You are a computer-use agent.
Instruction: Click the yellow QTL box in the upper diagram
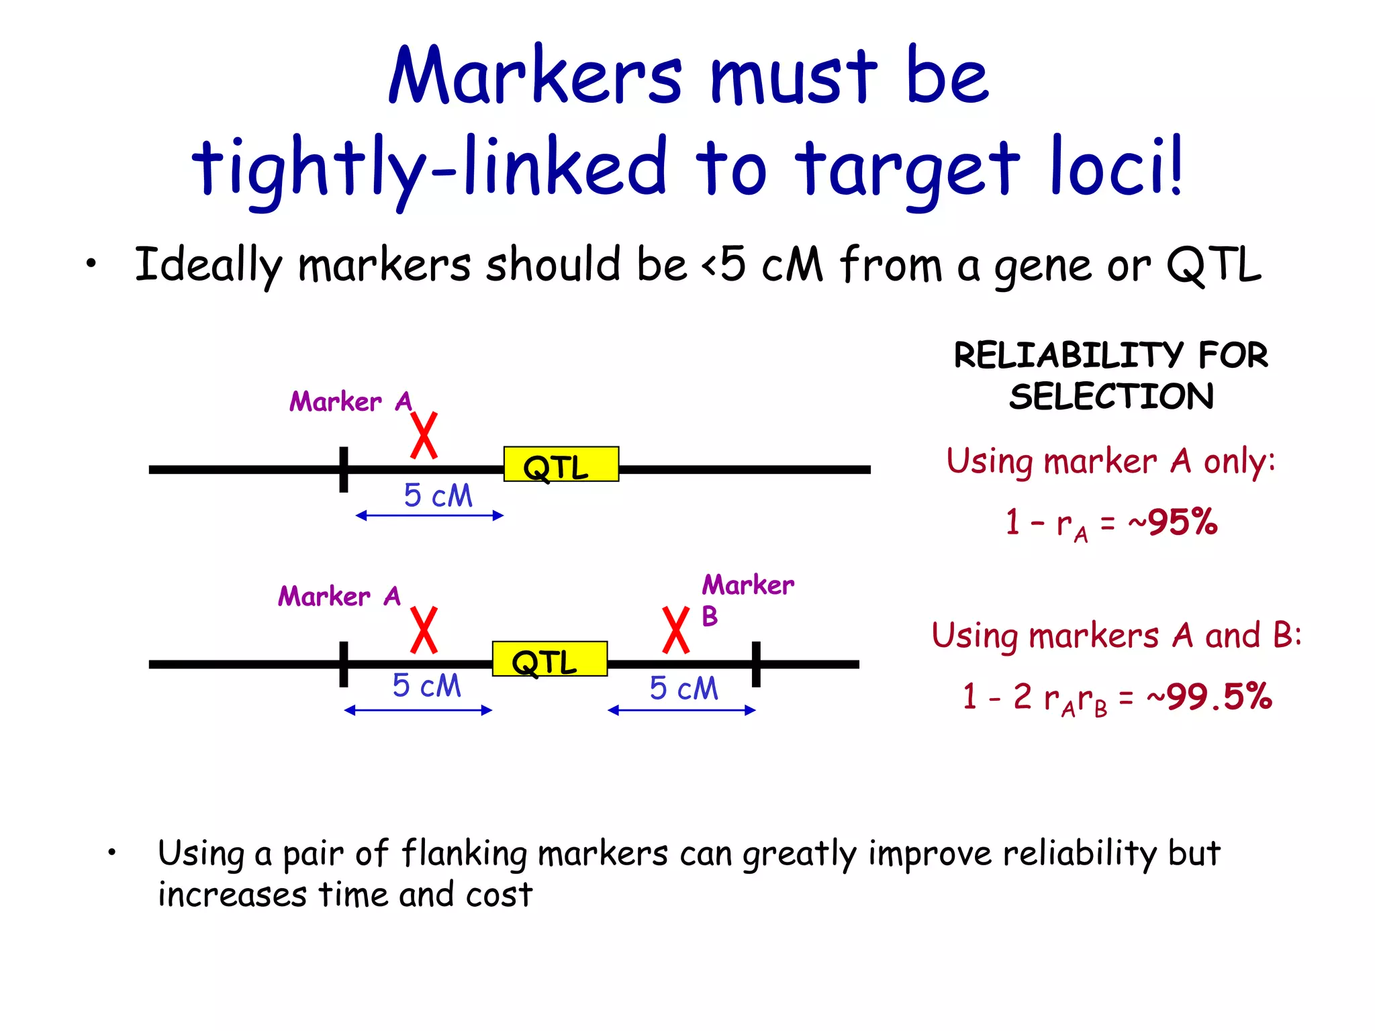click(561, 464)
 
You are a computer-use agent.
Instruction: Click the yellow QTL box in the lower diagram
click(549, 659)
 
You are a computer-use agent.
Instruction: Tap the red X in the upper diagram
click(424, 436)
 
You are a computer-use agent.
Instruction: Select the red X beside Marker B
click(675, 630)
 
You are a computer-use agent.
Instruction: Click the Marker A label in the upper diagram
click(350, 402)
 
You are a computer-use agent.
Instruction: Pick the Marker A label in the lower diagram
click(339, 597)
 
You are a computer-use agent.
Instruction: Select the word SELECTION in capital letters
click(1111, 397)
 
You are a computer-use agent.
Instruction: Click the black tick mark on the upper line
click(344, 469)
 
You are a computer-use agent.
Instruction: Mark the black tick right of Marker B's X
click(756, 664)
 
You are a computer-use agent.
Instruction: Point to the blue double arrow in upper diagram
click(429, 515)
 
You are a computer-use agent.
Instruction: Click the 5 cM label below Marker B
click(683, 689)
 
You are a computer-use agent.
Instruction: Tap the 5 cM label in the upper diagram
click(438, 495)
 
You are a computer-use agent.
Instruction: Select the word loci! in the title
click(1115, 167)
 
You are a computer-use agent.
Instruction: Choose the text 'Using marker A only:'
click(1110, 462)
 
